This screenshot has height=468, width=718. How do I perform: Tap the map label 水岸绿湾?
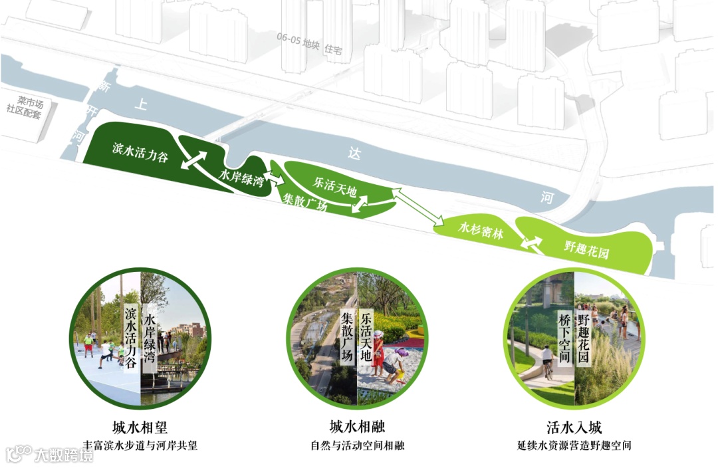click(242, 179)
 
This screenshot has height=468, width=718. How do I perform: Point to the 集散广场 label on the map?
click(304, 201)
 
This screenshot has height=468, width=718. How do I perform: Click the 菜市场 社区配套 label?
click(25, 107)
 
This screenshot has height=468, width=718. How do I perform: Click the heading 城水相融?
click(357, 426)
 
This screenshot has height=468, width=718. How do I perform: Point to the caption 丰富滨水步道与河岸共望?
click(140, 445)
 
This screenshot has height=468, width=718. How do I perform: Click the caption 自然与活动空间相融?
click(357, 445)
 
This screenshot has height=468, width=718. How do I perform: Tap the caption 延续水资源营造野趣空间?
click(574, 445)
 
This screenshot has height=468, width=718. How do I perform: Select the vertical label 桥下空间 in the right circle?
click(565, 338)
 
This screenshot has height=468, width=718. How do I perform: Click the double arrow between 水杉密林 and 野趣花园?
click(530, 244)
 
